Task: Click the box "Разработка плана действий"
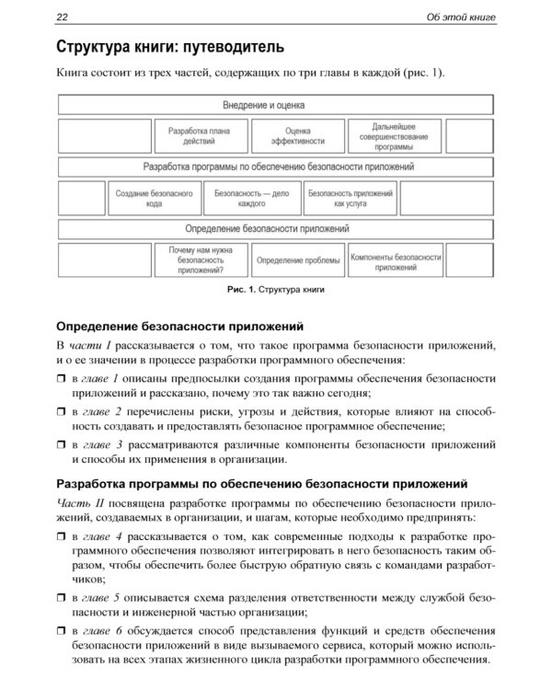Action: [x=200, y=136]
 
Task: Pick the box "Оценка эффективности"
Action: [x=296, y=136]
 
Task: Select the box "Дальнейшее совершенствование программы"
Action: [x=393, y=136]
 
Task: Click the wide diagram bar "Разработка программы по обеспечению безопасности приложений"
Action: [x=278, y=167]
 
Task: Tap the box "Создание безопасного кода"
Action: [x=154, y=198]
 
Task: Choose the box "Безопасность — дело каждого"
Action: [x=251, y=198]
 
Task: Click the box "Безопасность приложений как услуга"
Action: [x=350, y=198]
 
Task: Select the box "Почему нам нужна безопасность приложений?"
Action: [x=200, y=259]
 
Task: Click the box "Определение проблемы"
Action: [x=296, y=259]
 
